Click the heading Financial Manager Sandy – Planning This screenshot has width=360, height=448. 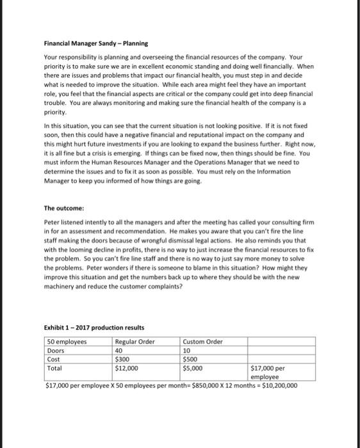95,44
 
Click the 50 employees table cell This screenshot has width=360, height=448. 66,342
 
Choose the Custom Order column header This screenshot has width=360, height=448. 202,342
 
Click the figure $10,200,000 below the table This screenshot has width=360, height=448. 276,385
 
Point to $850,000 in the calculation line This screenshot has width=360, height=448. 190,385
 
